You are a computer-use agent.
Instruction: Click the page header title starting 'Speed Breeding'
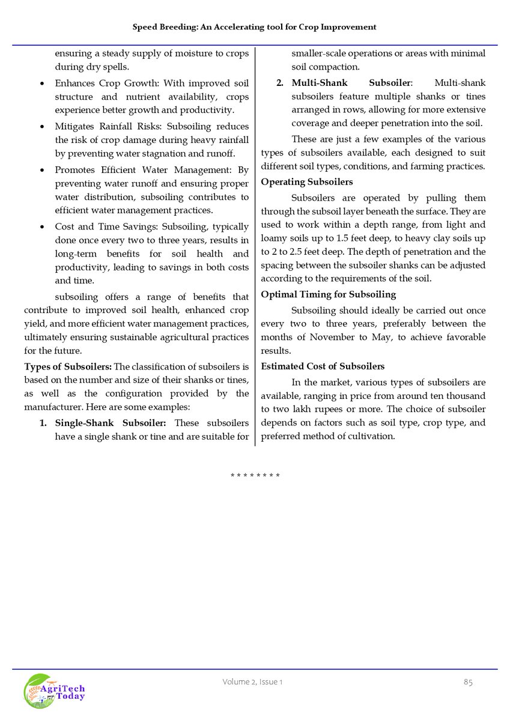(x=255, y=27)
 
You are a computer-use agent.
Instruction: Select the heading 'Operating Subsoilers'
(x=306, y=182)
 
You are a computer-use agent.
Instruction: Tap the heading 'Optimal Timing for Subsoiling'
(x=328, y=294)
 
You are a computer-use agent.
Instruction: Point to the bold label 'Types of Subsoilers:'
(x=68, y=367)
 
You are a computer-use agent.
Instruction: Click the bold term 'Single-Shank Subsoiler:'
(x=111, y=423)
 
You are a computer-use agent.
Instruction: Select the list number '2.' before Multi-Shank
(x=280, y=82)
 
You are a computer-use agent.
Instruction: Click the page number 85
(x=468, y=682)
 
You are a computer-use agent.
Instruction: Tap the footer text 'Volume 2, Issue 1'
(x=252, y=682)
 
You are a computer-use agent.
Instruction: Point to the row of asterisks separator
(x=255, y=476)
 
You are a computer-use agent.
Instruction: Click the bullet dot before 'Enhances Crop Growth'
(x=41, y=83)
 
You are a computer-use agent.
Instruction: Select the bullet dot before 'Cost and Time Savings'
(x=41, y=227)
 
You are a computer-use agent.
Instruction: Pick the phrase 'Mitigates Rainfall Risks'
(x=108, y=127)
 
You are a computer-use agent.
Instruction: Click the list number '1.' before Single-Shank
(x=43, y=423)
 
